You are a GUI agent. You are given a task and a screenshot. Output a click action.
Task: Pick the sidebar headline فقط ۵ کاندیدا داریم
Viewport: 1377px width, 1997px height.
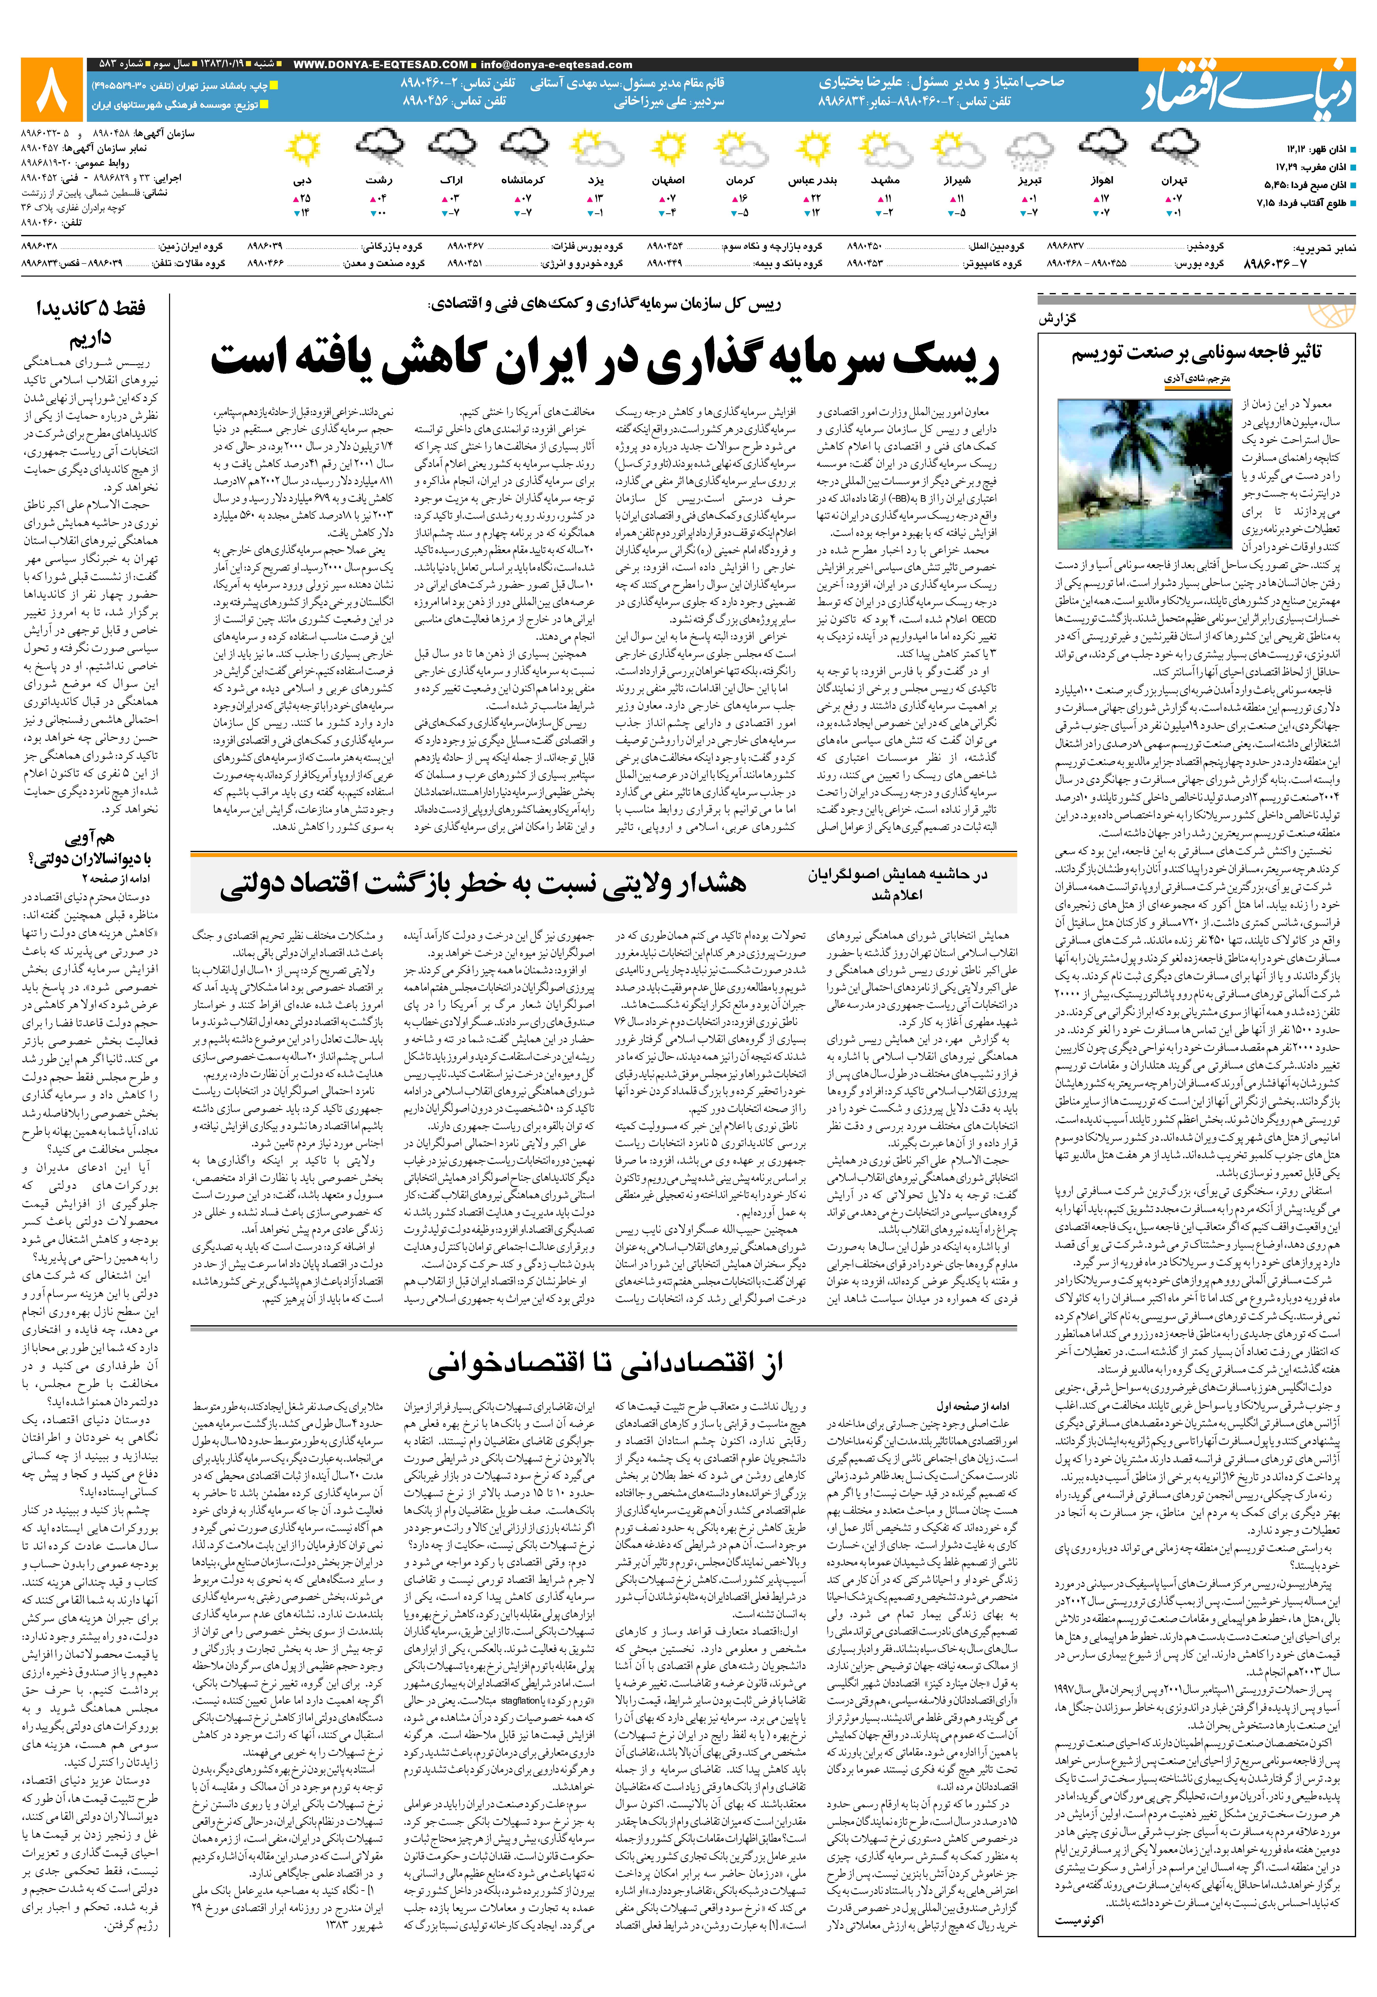tap(91, 321)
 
